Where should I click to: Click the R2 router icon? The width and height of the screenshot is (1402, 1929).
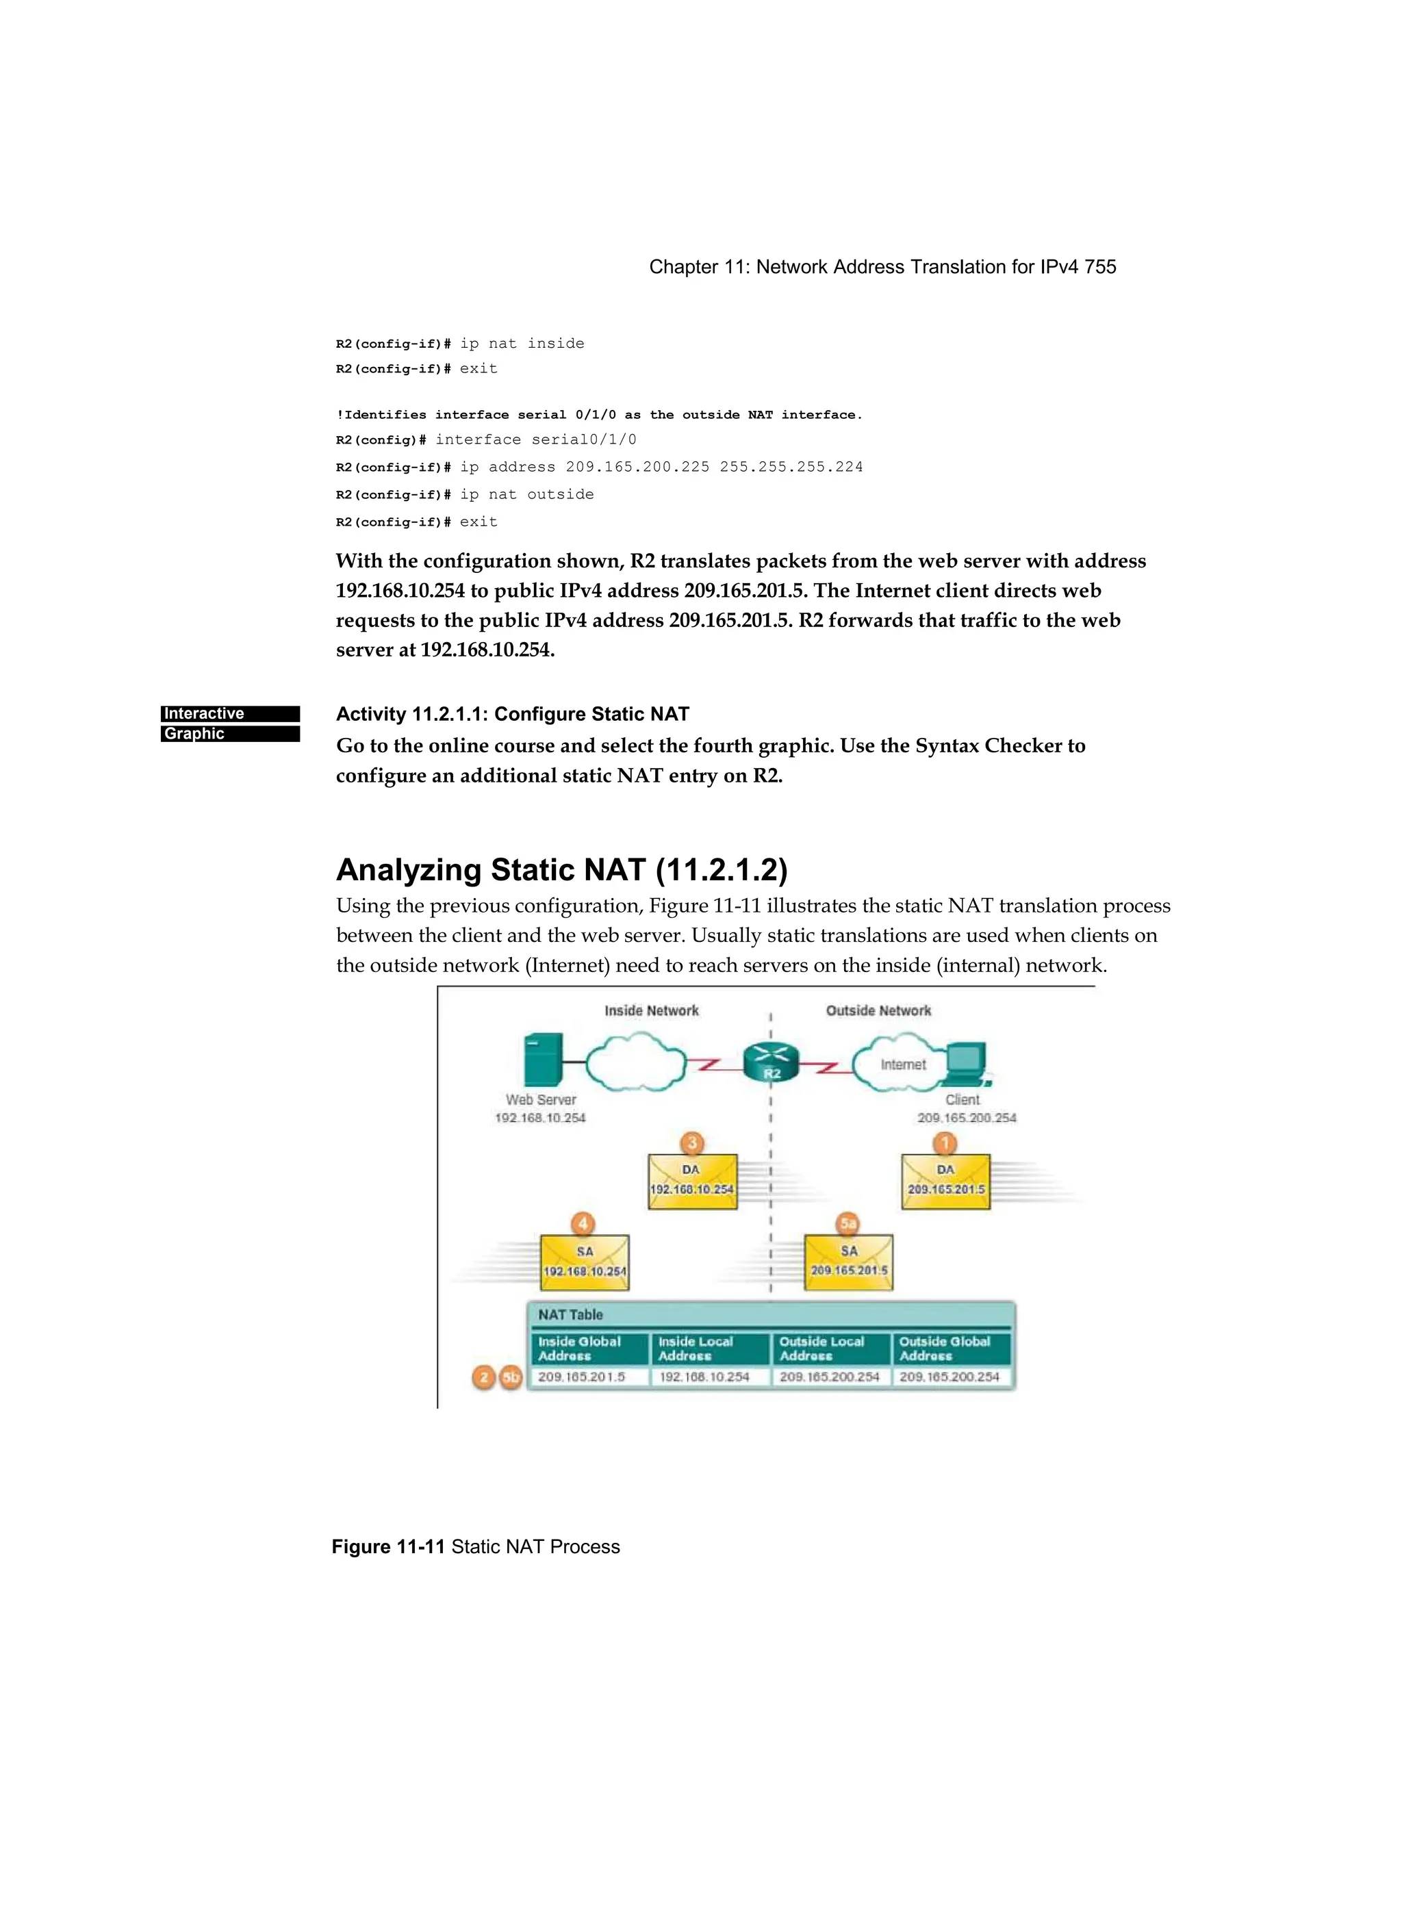click(771, 1062)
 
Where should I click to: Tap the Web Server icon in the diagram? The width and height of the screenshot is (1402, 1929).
click(543, 1060)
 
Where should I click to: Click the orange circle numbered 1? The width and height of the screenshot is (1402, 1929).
click(944, 1142)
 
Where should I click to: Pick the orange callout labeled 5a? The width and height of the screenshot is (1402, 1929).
click(848, 1224)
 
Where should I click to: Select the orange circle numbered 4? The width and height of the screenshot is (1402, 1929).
click(583, 1224)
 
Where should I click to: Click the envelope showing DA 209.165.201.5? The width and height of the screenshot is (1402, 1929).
click(945, 1181)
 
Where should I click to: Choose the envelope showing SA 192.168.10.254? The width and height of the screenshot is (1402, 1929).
click(585, 1263)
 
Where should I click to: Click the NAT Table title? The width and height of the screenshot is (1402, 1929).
click(570, 1314)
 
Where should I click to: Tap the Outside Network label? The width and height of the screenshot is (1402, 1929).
click(878, 1010)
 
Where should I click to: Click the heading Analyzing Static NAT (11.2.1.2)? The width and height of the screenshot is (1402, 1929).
click(561, 869)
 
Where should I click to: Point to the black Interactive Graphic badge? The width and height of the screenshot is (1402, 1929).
click(230, 724)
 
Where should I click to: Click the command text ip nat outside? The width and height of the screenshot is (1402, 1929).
click(526, 494)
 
